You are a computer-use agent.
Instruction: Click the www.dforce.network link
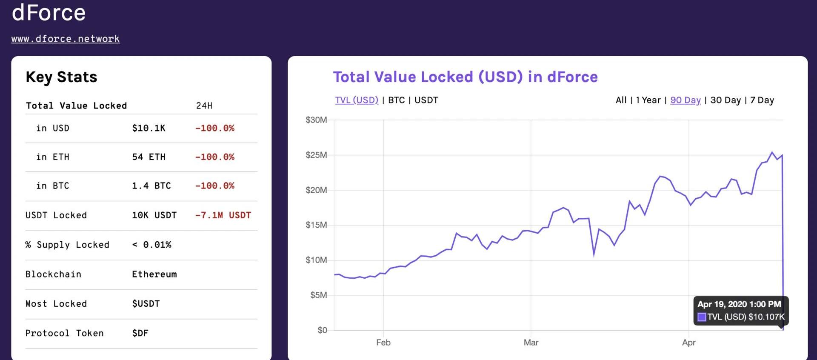pos(66,39)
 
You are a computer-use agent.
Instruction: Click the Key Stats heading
pos(61,77)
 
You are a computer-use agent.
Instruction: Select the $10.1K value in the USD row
pos(149,128)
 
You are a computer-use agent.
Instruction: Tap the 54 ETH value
pos(149,157)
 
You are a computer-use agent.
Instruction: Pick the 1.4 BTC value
pos(151,186)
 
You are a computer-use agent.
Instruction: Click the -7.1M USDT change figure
pos(223,215)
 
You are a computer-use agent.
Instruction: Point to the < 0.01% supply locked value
pos(152,245)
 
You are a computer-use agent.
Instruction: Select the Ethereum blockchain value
pos(154,274)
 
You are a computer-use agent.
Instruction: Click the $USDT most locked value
pos(146,304)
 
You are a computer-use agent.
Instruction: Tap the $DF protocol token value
pos(140,333)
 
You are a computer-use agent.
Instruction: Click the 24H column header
pos(204,106)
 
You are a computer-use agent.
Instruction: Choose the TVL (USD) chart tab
pos(356,100)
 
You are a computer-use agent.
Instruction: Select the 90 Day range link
pos(685,100)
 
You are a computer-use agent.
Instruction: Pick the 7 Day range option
pos(762,100)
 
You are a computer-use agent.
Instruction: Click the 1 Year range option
pos(648,100)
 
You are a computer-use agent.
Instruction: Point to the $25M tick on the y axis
pos(316,155)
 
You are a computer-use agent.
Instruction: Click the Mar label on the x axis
pos(531,343)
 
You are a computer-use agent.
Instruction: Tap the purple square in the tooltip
pos(702,317)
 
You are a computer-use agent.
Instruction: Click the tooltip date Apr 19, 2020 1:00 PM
pos(739,304)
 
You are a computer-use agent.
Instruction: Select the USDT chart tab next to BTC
pos(426,100)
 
